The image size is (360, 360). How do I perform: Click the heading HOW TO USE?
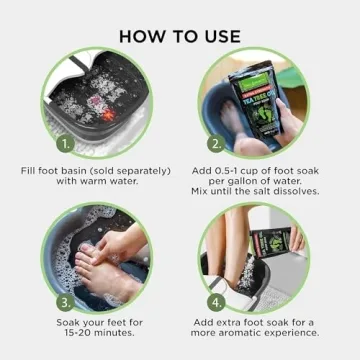pyautogui.click(x=180, y=35)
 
